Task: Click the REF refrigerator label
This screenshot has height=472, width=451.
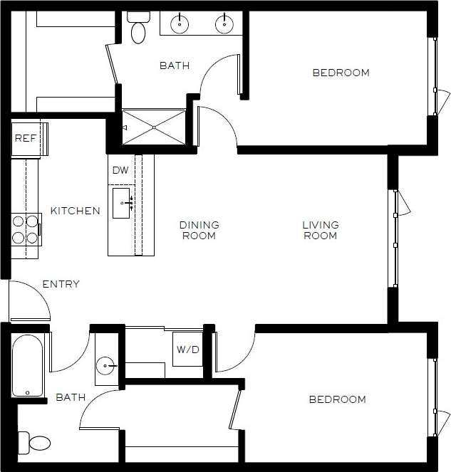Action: [25, 138]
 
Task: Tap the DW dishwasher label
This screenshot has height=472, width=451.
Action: [121, 171]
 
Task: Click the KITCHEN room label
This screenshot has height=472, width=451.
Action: [75, 211]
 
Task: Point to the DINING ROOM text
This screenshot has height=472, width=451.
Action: [199, 230]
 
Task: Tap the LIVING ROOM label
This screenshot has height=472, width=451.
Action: [321, 230]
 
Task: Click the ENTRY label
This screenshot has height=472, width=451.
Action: [61, 284]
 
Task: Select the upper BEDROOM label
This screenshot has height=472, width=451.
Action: [341, 73]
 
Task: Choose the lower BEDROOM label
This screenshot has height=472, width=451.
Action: [337, 399]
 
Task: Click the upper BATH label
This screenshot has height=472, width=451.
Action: [175, 65]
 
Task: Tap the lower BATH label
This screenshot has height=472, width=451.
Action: [71, 397]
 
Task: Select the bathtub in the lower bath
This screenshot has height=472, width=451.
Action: [28, 365]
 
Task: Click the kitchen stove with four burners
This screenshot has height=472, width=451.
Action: [26, 230]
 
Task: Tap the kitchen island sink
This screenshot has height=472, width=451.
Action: [122, 202]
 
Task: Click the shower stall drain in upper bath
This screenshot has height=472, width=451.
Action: [153, 127]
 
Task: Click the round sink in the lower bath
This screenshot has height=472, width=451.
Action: [107, 367]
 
